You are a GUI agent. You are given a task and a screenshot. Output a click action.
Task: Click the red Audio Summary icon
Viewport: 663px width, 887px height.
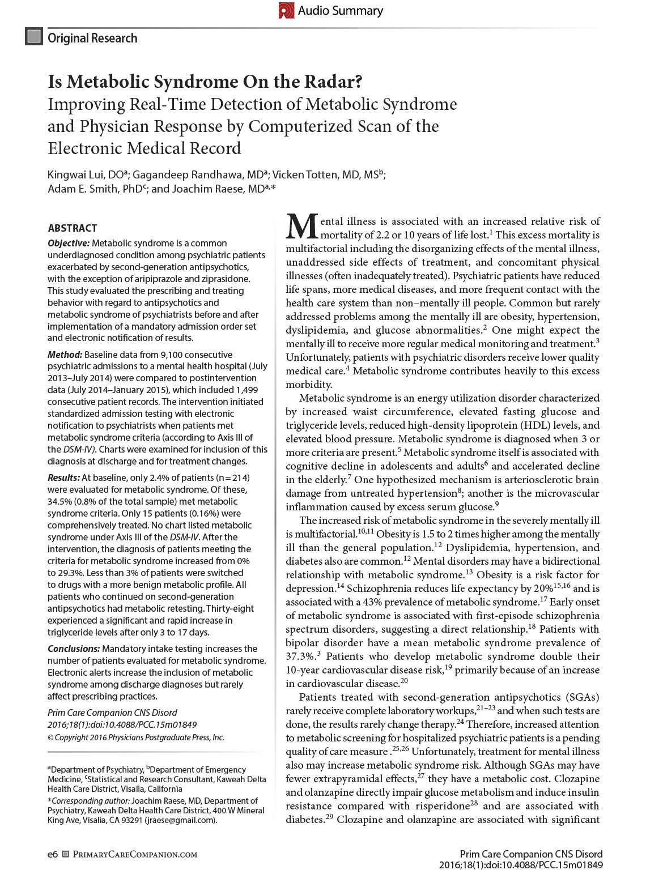click(286, 10)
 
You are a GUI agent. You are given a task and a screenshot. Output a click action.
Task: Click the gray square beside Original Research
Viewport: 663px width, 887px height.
click(34, 37)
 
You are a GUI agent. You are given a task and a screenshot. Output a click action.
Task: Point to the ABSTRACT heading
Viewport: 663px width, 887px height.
click(73, 228)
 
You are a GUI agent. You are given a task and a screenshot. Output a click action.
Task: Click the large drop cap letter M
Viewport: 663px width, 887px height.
click(301, 227)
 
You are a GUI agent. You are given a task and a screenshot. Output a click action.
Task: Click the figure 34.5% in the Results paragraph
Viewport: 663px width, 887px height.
click(59, 502)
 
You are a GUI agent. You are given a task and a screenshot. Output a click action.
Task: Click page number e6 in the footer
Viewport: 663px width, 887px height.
click(53, 854)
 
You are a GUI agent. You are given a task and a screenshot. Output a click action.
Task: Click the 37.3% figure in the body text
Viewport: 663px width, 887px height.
click(300, 656)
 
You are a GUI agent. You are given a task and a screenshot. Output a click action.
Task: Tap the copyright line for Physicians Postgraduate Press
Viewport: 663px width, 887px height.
click(136, 737)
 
